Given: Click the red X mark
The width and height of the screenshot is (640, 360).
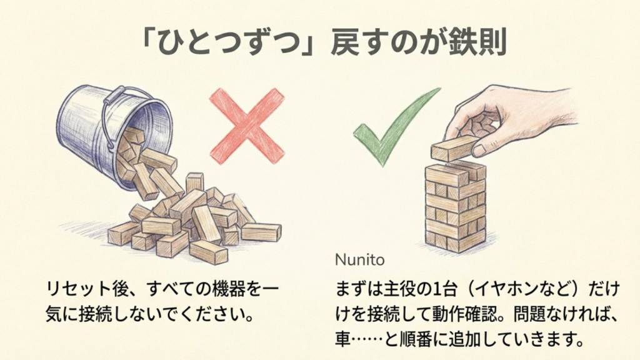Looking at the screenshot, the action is coord(247,126).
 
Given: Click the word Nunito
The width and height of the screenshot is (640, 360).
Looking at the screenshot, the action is coord(359,259).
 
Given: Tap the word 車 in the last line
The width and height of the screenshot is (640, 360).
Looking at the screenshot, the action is coord(343,339).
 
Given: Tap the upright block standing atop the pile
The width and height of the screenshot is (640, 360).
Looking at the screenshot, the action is coord(195,183).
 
